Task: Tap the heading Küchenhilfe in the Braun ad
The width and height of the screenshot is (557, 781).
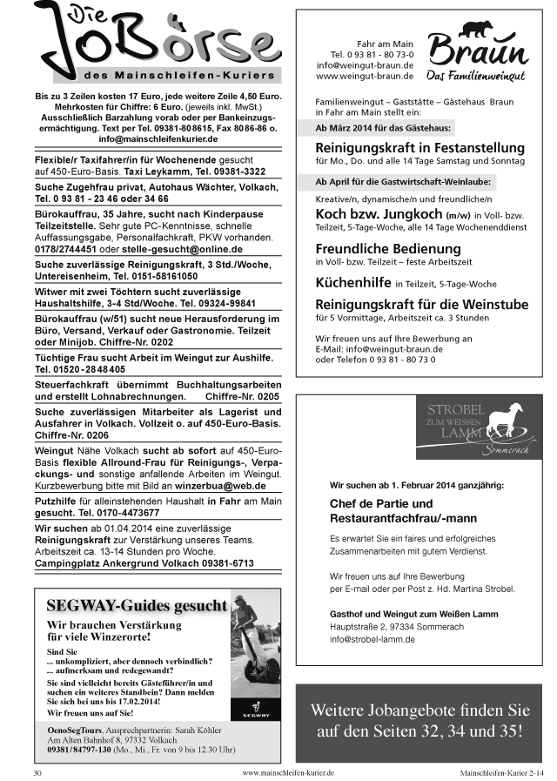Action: tap(352, 282)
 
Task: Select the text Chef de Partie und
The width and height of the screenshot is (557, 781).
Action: tap(380, 503)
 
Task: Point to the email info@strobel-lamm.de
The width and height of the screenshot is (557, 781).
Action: tap(372, 639)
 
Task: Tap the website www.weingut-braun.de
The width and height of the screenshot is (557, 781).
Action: tap(365, 77)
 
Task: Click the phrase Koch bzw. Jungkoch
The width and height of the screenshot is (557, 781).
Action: tap(378, 213)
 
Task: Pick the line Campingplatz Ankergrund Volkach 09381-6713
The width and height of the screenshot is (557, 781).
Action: tap(144, 563)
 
